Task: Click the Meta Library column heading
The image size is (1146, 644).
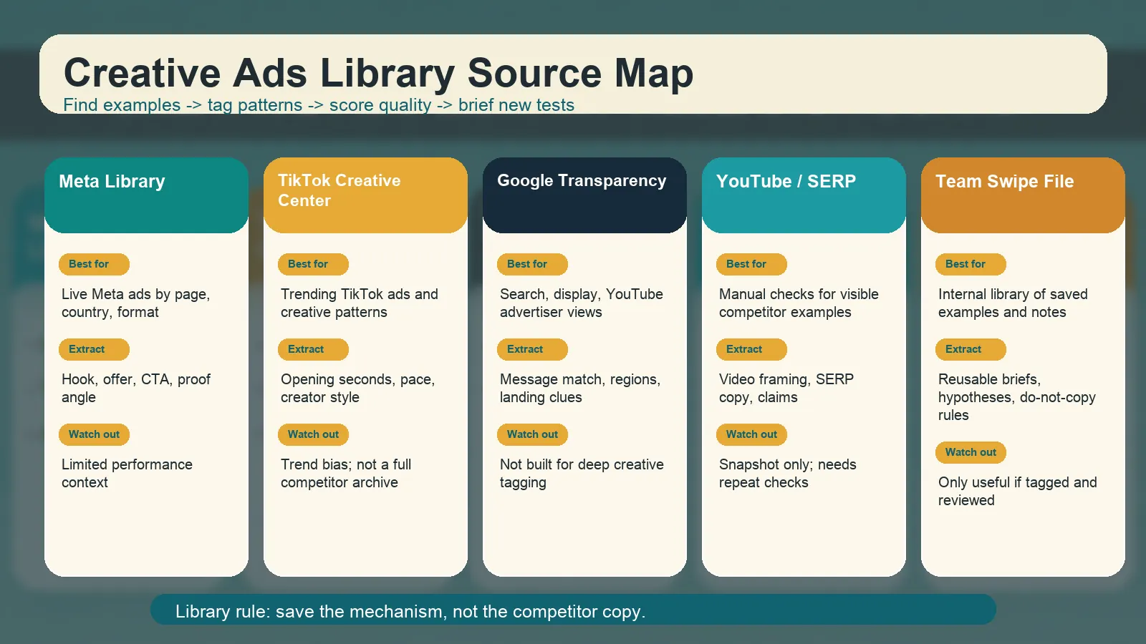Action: tap(112, 182)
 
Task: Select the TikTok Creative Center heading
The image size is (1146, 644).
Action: tap(340, 190)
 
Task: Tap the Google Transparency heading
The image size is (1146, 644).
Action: tap(582, 180)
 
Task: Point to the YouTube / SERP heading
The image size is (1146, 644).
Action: tap(786, 182)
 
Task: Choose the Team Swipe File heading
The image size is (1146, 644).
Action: tap(1005, 182)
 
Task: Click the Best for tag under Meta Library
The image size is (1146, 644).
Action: tap(94, 264)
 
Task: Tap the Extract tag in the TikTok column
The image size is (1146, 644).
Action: tap(313, 350)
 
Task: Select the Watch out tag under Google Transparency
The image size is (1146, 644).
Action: tap(532, 434)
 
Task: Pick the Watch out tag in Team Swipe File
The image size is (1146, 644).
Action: tap(971, 452)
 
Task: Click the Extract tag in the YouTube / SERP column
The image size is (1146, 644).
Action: tap(751, 350)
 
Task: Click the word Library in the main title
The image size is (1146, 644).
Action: tap(387, 74)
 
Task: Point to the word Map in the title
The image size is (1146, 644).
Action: tap(654, 74)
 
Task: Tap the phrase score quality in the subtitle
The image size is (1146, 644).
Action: tap(380, 105)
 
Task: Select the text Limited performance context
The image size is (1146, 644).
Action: tap(127, 473)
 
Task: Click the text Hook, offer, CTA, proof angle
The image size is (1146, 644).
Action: tap(136, 389)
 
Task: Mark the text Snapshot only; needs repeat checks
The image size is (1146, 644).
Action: tap(787, 473)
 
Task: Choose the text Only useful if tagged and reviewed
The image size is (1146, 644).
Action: tap(1018, 491)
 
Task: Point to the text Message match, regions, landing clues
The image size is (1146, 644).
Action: tap(580, 389)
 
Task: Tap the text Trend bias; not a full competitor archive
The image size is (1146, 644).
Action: tap(346, 473)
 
